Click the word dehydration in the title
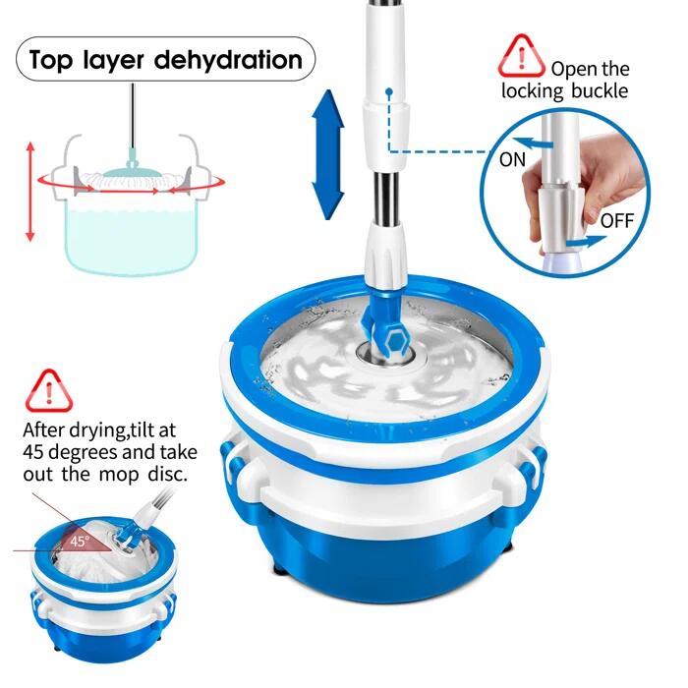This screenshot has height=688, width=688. pos(228,60)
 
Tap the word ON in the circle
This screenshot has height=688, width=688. pos(512,159)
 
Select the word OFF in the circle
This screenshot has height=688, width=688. pos(617,220)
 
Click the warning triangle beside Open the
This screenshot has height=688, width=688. pos(521,56)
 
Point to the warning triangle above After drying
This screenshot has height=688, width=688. pos(49,391)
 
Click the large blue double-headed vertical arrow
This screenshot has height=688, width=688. pos(327,154)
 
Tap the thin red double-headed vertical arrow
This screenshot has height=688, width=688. pos(29,192)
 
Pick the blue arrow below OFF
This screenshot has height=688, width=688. pos(586,242)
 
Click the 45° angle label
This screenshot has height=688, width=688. pos(79,541)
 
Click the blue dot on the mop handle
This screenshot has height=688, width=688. pos(389,91)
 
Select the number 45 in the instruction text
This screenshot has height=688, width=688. pos(32,452)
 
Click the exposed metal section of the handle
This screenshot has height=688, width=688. pos(385,198)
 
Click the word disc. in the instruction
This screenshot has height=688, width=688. pos(168,474)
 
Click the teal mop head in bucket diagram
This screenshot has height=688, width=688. pos(132,173)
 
